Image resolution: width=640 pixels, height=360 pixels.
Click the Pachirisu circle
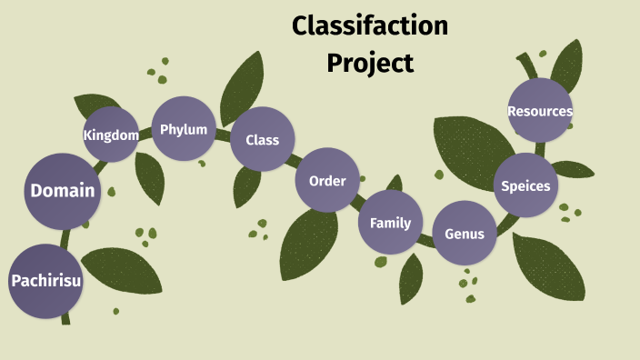[x=45, y=281]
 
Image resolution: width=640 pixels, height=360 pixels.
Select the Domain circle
[x=63, y=191]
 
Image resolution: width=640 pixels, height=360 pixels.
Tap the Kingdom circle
[x=111, y=135]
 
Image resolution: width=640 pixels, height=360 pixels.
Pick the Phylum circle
[x=184, y=129]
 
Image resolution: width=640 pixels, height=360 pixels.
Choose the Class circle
[x=262, y=140]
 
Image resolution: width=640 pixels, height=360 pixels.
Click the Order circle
[x=327, y=180]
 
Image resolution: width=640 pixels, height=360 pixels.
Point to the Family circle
[x=390, y=223]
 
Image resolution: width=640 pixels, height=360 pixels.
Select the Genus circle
[x=465, y=233]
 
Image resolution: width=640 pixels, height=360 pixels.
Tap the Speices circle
[x=525, y=185]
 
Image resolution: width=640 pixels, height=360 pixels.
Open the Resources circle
[x=540, y=111]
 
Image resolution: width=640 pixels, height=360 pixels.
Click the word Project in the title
[x=370, y=63]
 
